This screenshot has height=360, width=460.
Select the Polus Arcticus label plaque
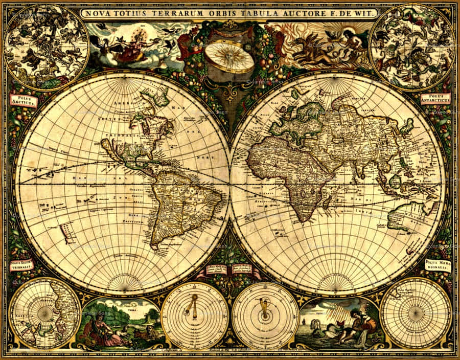[24, 99]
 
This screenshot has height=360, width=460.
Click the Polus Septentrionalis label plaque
[21, 265]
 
